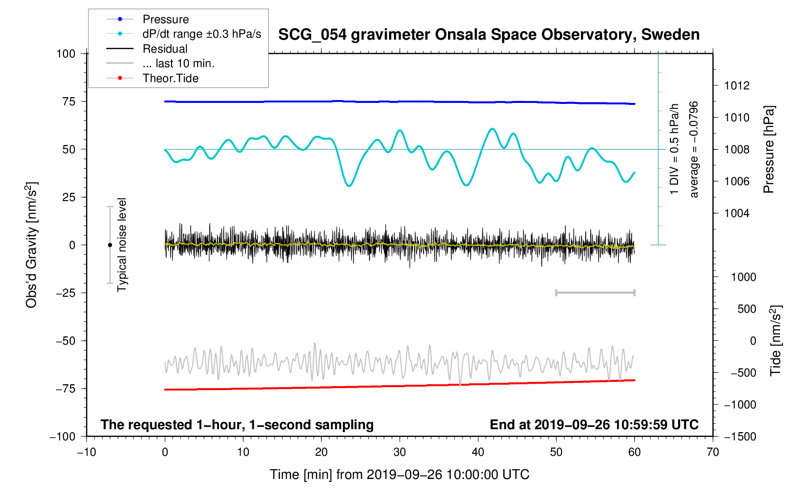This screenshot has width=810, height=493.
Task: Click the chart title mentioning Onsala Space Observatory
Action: point(489,35)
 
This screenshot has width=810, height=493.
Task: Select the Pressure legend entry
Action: point(165,19)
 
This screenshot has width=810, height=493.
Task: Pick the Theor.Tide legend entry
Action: point(170,78)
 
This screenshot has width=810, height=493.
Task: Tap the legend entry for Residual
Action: point(165,49)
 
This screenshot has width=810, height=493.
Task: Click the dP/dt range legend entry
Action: point(202,34)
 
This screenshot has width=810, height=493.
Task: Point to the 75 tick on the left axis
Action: point(69,101)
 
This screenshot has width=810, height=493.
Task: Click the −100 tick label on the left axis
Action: point(63,436)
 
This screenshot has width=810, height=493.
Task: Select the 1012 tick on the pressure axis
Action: point(737,86)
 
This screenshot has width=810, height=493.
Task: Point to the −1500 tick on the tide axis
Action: point(739,436)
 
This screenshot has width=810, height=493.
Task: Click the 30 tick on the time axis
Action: point(399,452)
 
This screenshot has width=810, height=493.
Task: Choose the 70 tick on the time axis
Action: point(712,452)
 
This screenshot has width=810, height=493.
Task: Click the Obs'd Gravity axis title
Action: point(31,245)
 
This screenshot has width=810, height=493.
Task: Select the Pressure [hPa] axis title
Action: point(768,149)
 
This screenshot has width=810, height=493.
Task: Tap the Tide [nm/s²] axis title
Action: point(776,340)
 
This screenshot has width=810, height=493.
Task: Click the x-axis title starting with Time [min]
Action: point(399,475)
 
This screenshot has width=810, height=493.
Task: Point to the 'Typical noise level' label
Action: point(122,245)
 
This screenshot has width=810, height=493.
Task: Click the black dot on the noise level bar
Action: point(110,245)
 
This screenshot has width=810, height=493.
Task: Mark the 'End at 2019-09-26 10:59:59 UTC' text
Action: point(594,425)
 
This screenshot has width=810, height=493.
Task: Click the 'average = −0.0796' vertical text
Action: point(694,149)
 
